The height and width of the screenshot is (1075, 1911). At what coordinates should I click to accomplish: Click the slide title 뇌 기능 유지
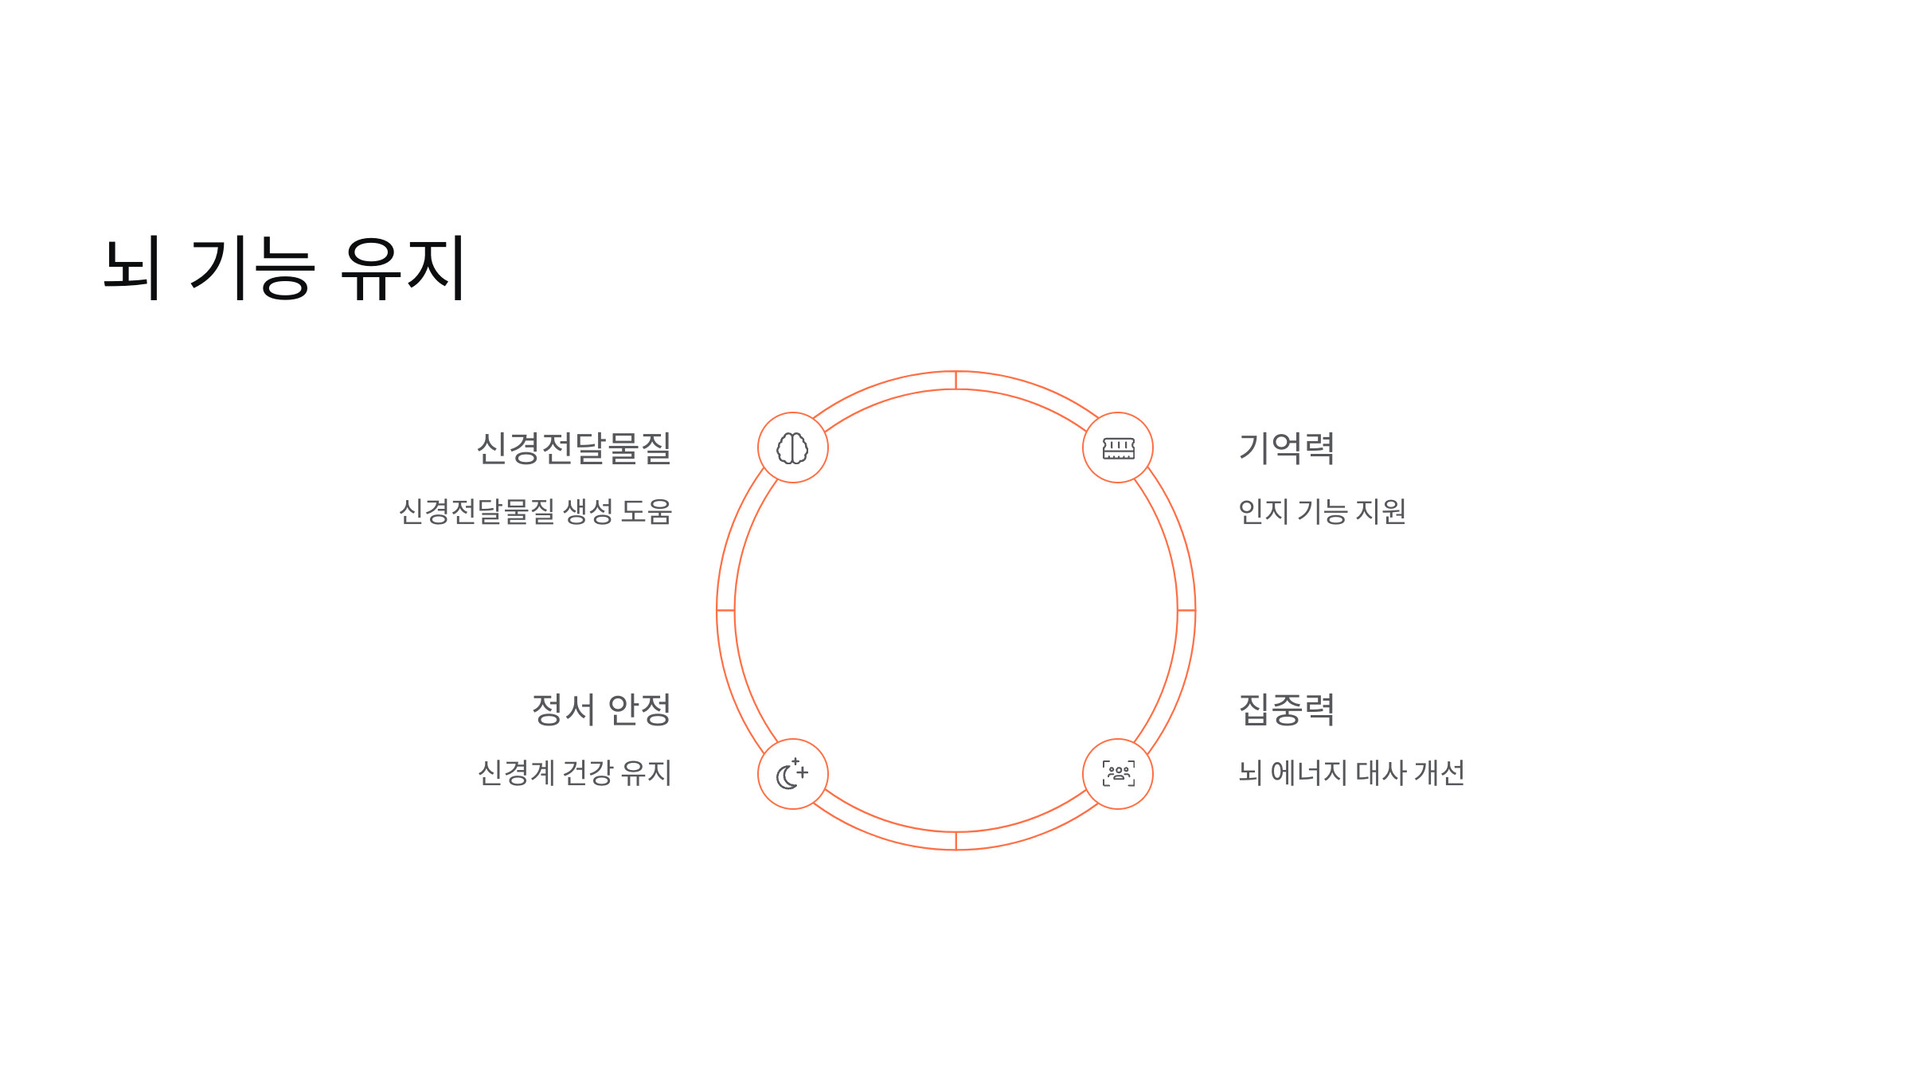284,268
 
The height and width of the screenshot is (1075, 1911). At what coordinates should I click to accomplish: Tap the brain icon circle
792,448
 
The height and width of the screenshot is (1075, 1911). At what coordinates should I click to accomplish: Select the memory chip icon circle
1118,448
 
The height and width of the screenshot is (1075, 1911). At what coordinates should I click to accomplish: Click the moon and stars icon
792,774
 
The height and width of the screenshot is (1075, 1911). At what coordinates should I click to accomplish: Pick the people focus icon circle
1118,774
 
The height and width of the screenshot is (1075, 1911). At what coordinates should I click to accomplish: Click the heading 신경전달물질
574,448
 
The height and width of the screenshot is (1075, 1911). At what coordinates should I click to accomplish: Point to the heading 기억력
1287,448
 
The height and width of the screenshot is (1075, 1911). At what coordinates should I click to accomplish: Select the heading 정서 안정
601,709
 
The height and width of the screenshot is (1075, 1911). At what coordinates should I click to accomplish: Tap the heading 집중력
1287,709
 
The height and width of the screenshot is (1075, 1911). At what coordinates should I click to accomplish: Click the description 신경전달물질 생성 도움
536,511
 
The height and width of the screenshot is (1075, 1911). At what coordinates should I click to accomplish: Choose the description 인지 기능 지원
1322,511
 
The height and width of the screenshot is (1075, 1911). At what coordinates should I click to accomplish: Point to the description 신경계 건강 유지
575,772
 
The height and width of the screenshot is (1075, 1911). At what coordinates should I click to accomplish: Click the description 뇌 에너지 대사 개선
1351,772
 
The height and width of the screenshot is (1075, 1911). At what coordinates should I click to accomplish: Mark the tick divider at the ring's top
955,381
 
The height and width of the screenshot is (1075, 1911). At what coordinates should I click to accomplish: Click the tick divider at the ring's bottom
955,841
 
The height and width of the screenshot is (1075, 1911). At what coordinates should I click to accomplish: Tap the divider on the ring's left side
725,611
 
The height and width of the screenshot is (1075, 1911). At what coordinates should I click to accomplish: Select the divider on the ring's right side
1186,611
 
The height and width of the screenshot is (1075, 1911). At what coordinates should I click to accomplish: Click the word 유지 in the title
403,268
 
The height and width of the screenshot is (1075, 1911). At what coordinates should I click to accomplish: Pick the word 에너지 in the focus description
1308,772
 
